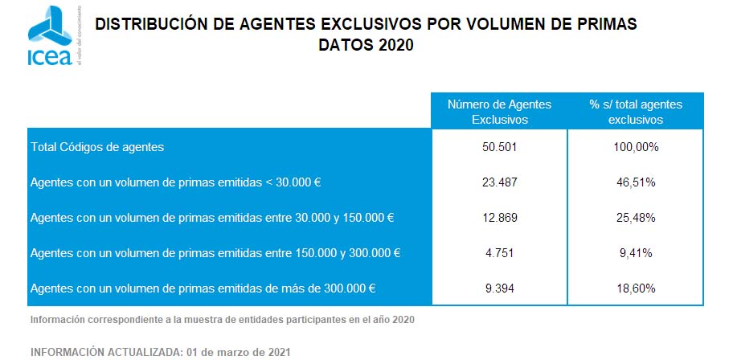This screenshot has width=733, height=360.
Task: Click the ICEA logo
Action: (50, 36)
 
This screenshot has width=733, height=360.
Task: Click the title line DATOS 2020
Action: (366, 46)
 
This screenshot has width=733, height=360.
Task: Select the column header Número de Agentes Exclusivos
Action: (499, 112)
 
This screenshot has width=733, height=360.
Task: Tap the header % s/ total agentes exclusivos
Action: (635, 112)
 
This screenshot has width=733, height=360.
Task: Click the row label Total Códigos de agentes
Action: (97, 147)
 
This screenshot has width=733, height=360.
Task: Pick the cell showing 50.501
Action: (499, 147)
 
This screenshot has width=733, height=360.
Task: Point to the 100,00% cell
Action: (635, 147)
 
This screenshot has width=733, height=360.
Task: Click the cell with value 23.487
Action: (499, 182)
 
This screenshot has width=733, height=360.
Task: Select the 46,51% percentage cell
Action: (635, 182)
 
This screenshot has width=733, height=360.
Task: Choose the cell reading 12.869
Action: (499, 218)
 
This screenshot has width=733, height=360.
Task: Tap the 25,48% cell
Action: (635, 218)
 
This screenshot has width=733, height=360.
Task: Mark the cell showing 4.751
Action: (499, 253)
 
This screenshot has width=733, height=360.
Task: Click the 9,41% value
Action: (635, 253)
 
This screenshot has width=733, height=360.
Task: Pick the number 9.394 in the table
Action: (499, 288)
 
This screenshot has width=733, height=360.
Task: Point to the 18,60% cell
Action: (635, 288)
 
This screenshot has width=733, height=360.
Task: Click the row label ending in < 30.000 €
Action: (175, 182)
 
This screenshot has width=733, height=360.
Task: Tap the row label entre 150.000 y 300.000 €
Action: (215, 253)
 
